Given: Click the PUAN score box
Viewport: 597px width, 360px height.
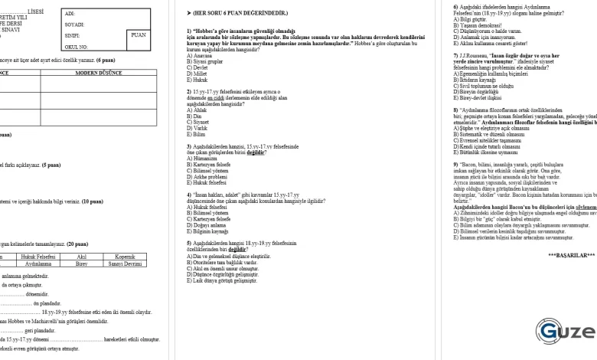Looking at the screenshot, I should coord(139,35).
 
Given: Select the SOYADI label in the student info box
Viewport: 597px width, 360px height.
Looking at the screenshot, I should coord(74,25).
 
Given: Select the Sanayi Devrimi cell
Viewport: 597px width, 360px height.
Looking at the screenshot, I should coord(125,263).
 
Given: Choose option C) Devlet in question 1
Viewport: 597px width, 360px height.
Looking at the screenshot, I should coord(199,67).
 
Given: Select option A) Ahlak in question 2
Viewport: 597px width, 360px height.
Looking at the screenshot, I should coord(198,110).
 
